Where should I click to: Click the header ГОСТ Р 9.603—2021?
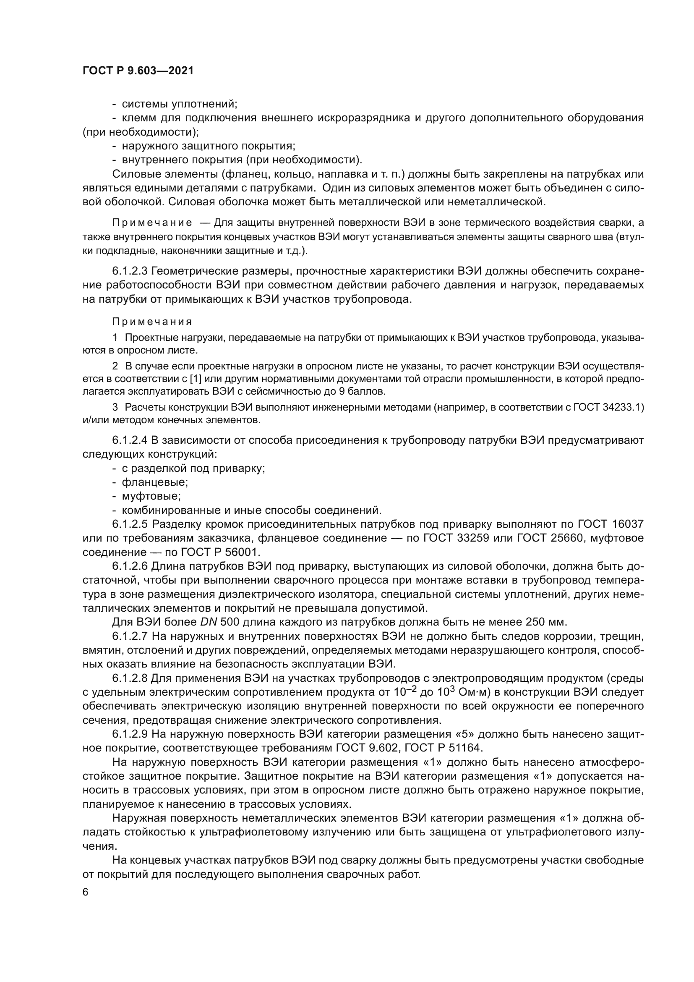coord(138,71)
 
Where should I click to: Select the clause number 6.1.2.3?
coord(130,271)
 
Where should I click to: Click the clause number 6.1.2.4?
coord(130,440)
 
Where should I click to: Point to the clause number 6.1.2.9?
coord(130,734)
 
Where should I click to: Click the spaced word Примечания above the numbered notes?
coord(152,321)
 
